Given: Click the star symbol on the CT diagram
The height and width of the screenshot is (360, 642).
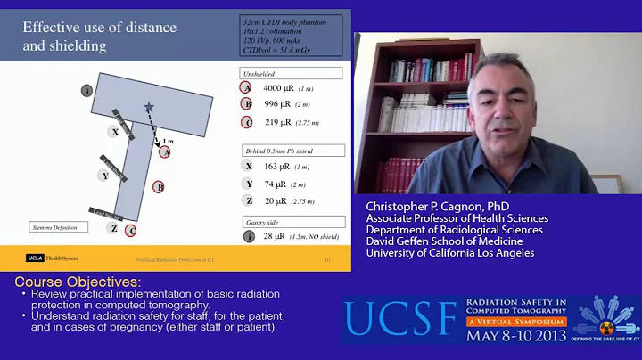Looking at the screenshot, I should [148, 107].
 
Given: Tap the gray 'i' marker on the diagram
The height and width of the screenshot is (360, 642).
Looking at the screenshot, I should [86, 91].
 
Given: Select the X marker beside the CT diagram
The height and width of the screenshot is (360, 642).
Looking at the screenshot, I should [114, 131].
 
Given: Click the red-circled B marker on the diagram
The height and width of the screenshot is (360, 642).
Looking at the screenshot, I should [159, 187].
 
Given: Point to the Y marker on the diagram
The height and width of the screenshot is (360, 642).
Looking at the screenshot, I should [105, 176].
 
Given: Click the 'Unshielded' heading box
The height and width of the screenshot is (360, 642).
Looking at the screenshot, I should [291, 73].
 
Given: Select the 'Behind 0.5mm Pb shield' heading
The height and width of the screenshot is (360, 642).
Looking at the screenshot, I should [291, 150].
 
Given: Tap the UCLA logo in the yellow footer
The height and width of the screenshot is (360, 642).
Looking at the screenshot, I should [35, 259].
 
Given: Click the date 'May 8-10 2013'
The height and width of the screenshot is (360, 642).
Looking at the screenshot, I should [517, 337].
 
